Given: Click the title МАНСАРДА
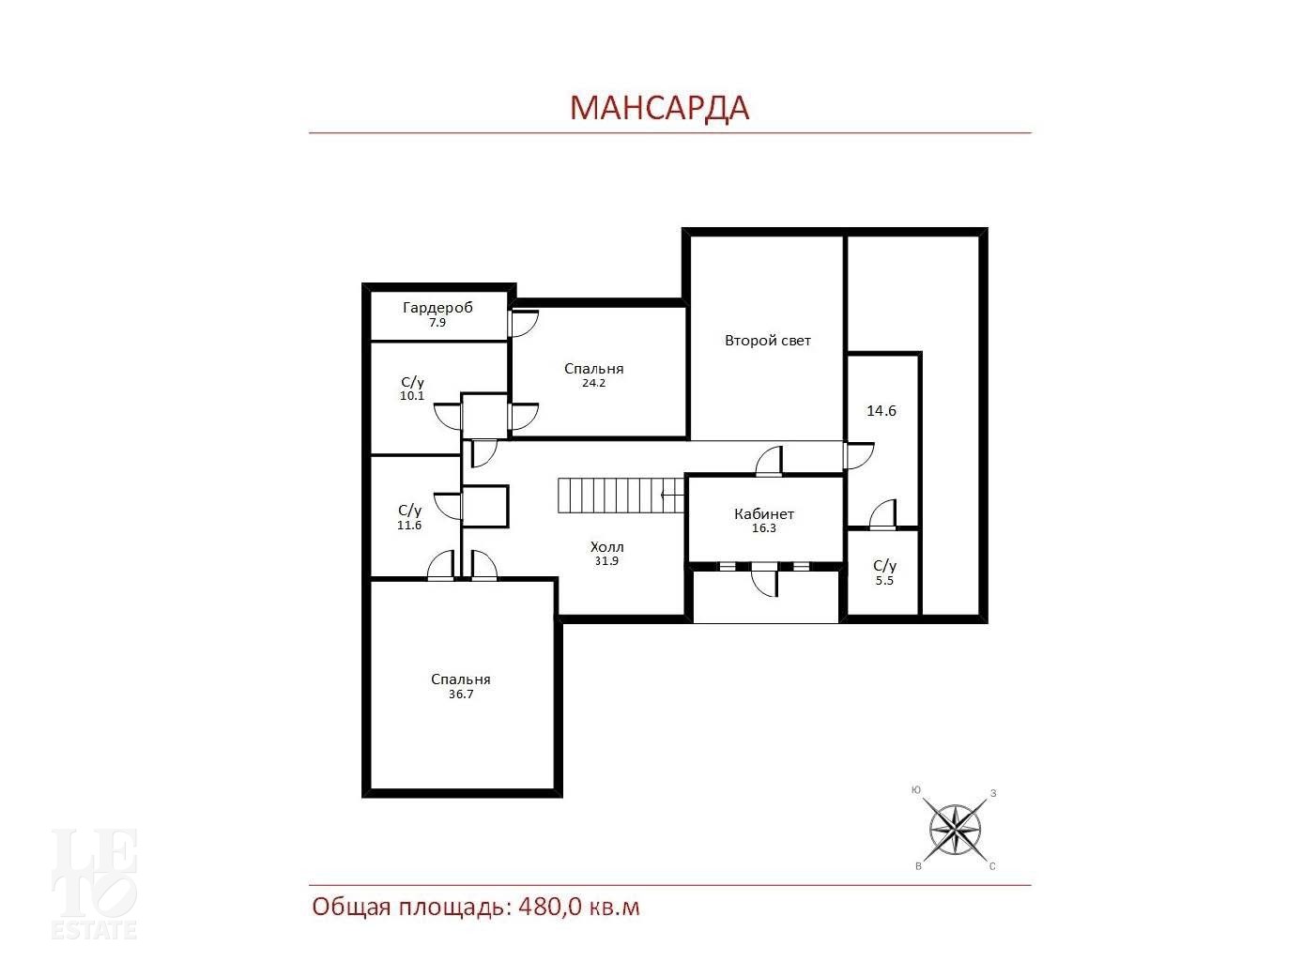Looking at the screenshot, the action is pos(659,108).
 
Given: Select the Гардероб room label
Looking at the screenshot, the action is pos(437,308).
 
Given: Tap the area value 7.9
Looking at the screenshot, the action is pos(437,323).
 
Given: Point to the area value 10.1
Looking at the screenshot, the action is pos(412,396).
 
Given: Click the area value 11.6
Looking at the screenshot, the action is pos(409,525).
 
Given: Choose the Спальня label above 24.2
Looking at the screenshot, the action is pos(593,369).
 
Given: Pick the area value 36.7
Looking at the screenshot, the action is pos(461,694).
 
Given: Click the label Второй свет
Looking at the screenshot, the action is pos(768,341).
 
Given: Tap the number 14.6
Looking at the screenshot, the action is pos(881,410).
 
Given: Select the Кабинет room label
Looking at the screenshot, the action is pos(764,513).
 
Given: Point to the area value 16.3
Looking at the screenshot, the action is pos(764,528).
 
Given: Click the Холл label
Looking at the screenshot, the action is pos(606,546).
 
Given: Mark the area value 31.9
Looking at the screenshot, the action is pos(606,560).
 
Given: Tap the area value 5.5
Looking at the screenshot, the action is pos(884,581).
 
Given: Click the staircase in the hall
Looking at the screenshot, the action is pos(621,496).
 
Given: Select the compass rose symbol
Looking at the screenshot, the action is pos(955,830).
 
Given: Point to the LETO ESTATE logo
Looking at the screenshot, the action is pos(95,883).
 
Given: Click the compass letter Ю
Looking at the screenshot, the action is pos(916,790).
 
